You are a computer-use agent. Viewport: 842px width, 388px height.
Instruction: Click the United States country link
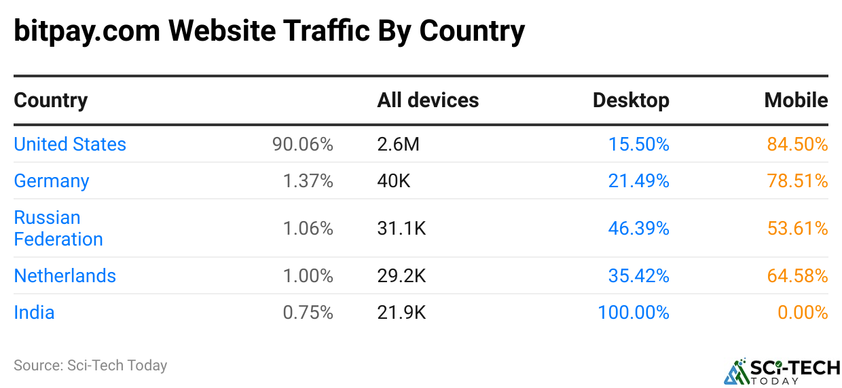pyautogui.click(x=70, y=144)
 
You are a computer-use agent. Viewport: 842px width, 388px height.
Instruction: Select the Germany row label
pyautogui.click(x=52, y=181)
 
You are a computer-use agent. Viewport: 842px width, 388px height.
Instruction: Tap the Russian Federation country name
pyautogui.click(x=58, y=228)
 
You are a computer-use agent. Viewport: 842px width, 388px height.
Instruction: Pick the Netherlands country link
pyautogui.click(x=65, y=276)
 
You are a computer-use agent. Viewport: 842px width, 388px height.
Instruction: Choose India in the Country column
pyautogui.click(x=34, y=313)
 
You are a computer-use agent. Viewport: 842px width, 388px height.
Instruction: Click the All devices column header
pyautogui.click(x=428, y=100)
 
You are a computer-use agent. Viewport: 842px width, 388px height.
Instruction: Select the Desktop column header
pyautogui.click(x=631, y=100)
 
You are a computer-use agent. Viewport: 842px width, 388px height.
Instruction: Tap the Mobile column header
pyautogui.click(x=796, y=100)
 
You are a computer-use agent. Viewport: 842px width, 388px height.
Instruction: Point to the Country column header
pyautogui.click(x=51, y=100)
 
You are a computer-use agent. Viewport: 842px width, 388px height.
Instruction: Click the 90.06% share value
pyautogui.click(x=303, y=144)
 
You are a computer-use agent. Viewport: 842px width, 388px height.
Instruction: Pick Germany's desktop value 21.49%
pyautogui.click(x=638, y=181)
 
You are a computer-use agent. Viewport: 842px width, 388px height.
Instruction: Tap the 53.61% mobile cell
pyautogui.click(x=797, y=229)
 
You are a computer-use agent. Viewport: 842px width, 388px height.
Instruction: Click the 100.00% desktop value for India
pyautogui.click(x=633, y=313)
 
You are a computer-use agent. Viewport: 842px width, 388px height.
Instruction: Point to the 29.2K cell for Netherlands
pyautogui.click(x=401, y=276)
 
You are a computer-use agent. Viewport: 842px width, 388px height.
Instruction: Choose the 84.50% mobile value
pyautogui.click(x=797, y=144)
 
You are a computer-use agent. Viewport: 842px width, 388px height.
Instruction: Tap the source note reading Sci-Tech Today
pyautogui.click(x=90, y=366)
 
